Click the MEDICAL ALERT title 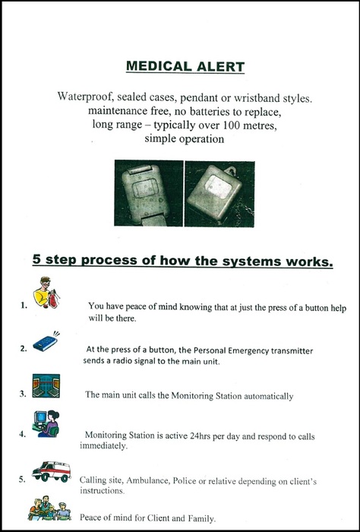(x=185, y=67)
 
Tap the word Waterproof (x=83, y=97)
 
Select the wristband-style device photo (x=148, y=193)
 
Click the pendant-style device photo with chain (x=219, y=194)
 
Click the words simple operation (x=184, y=139)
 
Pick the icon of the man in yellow (x=46, y=292)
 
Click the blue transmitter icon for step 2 (x=46, y=342)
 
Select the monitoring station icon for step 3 (x=46, y=386)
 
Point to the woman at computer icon (x=46, y=424)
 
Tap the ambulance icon (x=52, y=471)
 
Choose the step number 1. (x=24, y=306)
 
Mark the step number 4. (x=23, y=434)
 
